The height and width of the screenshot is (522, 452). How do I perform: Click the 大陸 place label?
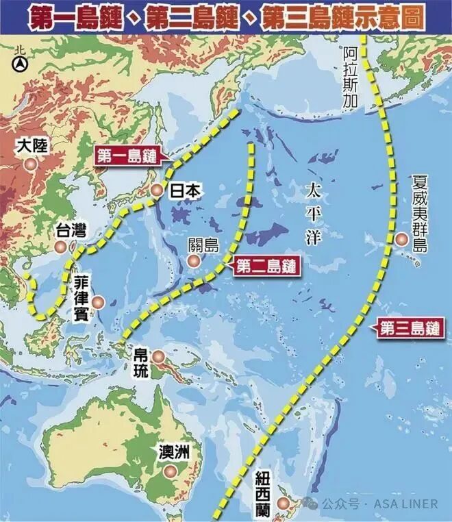click(x=30, y=146)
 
